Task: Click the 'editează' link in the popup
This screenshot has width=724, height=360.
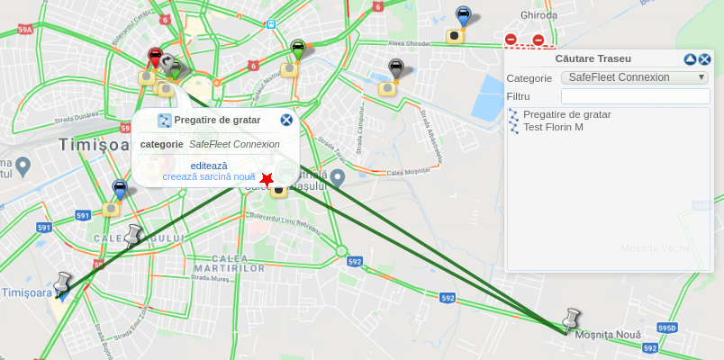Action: click(209, 166)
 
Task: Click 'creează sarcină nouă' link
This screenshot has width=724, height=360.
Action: click(209, 177)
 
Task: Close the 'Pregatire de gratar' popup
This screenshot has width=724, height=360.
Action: click(286, 120)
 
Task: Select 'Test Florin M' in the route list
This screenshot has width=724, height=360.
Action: click(553, 127)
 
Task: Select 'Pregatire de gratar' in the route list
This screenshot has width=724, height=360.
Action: click(566, 114)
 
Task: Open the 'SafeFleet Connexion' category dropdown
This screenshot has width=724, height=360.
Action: click(634, 77)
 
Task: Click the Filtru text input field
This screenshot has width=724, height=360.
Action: click(635, 96)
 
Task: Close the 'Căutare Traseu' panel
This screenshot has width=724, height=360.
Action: click(705, 59)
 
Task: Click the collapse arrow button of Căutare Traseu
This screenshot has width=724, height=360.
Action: click(690, 59)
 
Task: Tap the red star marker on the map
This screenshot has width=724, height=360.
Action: click(267, 180)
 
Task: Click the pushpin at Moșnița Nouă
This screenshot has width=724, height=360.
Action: click(570, 319)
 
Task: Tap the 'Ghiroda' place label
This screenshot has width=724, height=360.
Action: click(539, 15)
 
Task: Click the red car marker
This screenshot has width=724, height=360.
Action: click(155, 58)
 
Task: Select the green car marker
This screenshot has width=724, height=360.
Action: click(298, 49)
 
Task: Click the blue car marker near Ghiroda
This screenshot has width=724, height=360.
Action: click(463, 15)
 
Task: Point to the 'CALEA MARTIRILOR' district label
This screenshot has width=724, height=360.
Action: click(229, 263)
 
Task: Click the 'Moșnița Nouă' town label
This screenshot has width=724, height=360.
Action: click(608, 335)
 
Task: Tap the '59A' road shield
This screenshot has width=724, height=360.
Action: click(25, 30)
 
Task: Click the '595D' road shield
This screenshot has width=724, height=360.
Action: click(667, 328)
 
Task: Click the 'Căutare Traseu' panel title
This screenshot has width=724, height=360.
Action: click(593, 58)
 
